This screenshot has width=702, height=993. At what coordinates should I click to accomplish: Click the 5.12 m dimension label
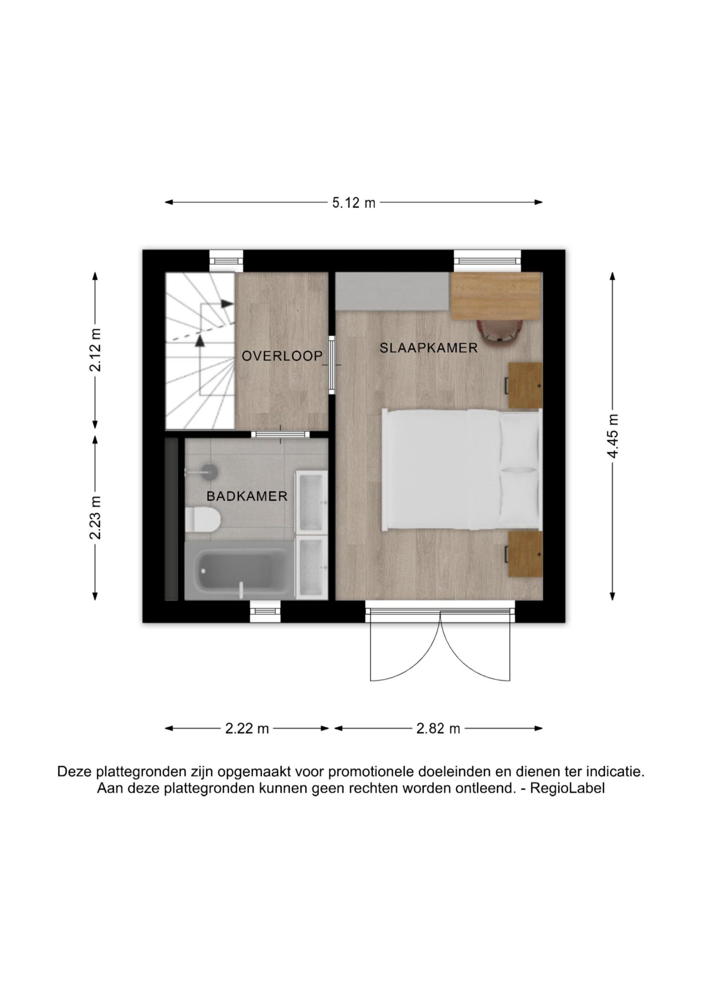[x=353, y=202]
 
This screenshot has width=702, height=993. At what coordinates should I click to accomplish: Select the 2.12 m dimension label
[x=95, y=350]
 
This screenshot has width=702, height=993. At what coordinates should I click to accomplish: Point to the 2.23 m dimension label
[x=95, y=518]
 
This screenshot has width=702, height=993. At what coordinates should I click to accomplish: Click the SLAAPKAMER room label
[x=429, y=348]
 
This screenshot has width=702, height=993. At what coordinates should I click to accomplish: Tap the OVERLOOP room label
[x=282, y=356]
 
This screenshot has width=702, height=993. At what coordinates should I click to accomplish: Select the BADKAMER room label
[x=247, y=496]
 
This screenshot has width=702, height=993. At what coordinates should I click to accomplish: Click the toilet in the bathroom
[x=202, y=519]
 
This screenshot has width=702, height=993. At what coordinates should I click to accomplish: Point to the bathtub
[x=236, y=571]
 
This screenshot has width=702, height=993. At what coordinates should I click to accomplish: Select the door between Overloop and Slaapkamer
[x=332, y=365]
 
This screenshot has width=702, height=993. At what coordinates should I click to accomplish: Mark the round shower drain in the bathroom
[x=209, y=471]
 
